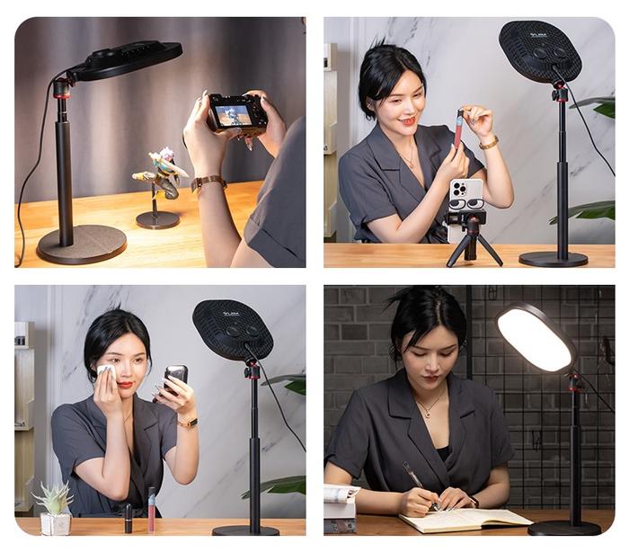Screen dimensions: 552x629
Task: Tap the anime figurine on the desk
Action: click(161, 175)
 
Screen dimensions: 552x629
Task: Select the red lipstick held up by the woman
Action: click(458, 128)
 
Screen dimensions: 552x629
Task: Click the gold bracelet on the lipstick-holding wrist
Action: click(489, 142)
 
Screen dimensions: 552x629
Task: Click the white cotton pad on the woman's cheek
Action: click(107, 371)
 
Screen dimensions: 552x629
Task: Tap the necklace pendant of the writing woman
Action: click(428, 413)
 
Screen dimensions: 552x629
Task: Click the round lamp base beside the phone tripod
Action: click(553, 259)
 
